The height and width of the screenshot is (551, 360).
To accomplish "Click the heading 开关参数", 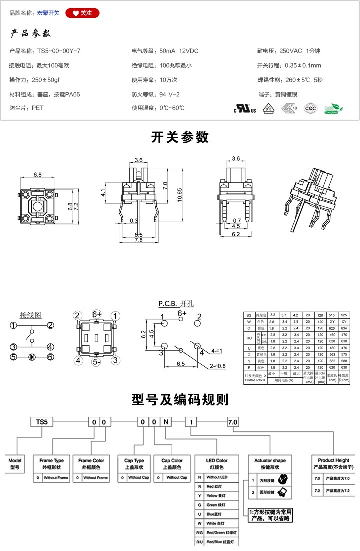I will tap(180, 137).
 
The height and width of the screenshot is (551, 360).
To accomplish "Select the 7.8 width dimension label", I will tap(139, 240).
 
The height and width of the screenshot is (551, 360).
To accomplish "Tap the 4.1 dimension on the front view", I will tap(103, 192).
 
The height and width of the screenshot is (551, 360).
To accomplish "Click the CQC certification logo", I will tap(311, 108).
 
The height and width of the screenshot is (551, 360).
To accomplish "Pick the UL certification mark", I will tap(245, 109).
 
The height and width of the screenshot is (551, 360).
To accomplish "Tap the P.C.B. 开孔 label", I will tap(176, 304).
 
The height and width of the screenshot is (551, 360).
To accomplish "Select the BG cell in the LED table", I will tap(248, 315).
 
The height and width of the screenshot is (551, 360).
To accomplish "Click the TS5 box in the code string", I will tap(42, 422).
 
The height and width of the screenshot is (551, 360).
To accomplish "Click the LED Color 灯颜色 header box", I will tap(216, 463).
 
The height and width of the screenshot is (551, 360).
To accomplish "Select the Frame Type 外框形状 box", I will tap(51, 463).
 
